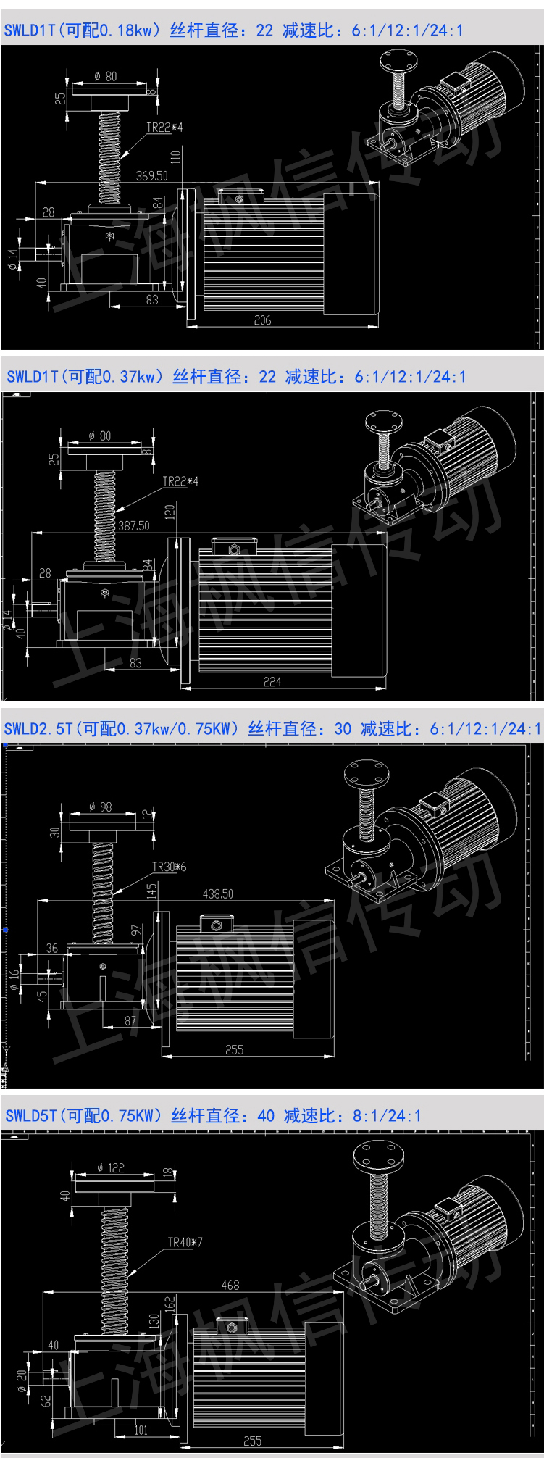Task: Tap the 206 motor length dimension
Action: [x=263, y=320]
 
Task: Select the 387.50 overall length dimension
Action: [x=133, y=526]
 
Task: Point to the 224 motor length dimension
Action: [x=272, y=680]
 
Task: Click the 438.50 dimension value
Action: [x=218, y=894]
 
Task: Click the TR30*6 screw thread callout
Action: [x=169, y=866]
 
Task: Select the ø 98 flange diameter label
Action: [x=101, y=807]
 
